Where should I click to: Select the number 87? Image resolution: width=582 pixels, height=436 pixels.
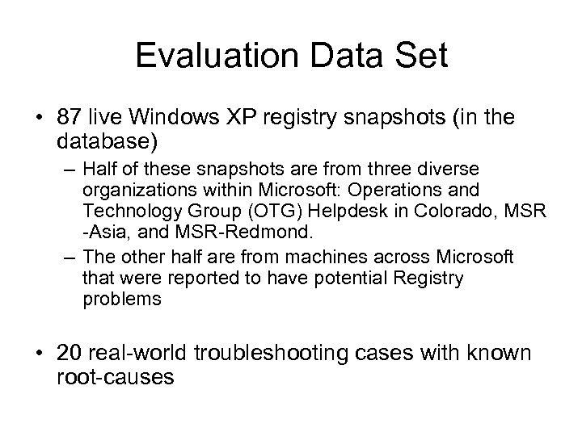(71, 118)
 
